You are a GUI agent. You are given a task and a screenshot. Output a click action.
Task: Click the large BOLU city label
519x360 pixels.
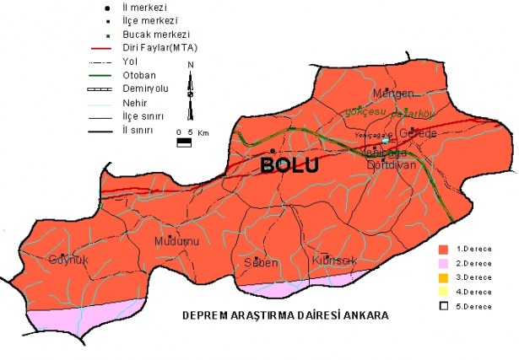(289, 165)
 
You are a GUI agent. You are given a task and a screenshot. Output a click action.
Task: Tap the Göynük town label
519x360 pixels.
(68, 259)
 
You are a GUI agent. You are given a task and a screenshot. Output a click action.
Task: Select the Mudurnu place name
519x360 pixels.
(176, 242)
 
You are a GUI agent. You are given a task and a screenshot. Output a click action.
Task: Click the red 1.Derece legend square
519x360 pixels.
(442, 250)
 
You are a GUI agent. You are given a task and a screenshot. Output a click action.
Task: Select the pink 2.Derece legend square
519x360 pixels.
(442, 263)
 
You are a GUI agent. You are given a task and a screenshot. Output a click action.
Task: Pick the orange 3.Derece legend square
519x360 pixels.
(442, 277)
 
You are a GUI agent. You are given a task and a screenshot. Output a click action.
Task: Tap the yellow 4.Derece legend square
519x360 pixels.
(442, 291)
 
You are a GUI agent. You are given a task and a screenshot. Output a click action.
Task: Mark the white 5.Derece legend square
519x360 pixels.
(442, 305)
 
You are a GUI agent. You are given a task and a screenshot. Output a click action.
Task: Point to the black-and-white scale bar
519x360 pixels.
(183, 142)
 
